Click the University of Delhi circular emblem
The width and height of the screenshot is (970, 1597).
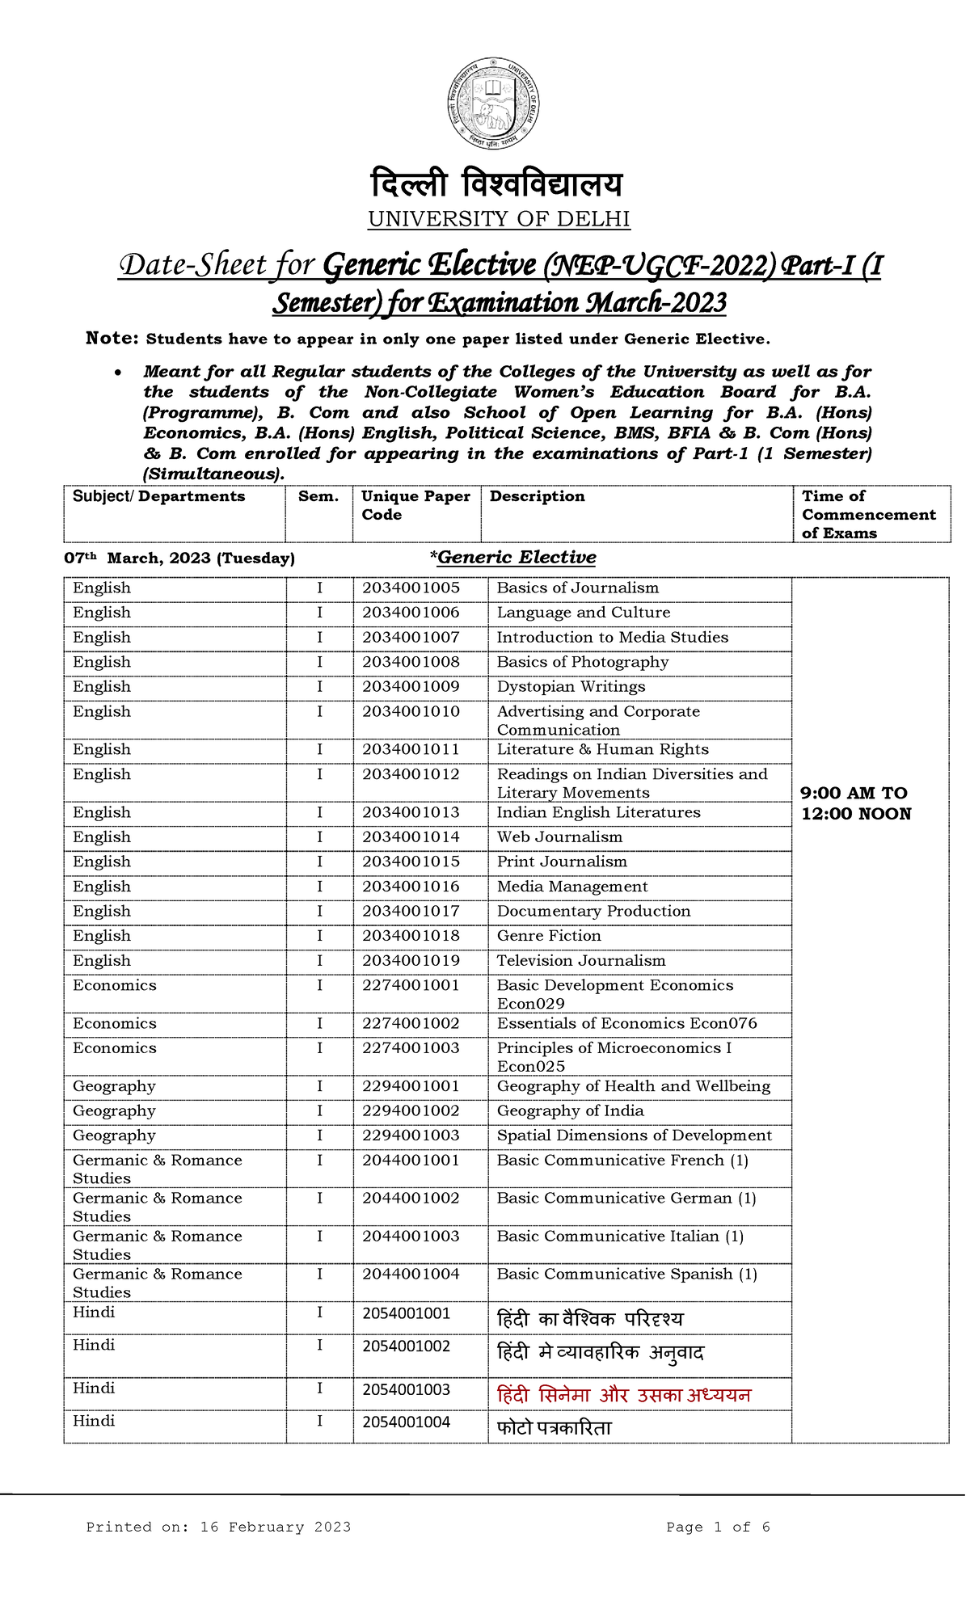click(493, 103)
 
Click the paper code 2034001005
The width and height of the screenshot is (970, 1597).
click(411, 588)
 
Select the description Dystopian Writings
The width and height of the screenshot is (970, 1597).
click(571, 687)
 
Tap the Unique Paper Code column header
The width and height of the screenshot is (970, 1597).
click(415, 505)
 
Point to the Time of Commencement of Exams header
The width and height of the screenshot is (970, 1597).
click(868, 515)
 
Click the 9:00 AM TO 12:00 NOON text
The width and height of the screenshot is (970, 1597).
click(855, 803)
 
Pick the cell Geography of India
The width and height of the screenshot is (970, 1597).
click(570, 1111)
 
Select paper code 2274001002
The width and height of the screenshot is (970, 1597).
click(411, 1024)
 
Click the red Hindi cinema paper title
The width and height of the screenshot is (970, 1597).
click(623, 1395)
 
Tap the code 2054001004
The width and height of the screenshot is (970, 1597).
click(406, 1422)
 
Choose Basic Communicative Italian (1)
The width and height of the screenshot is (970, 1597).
click(619, 1237)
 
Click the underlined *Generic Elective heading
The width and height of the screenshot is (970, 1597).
click(513, 558)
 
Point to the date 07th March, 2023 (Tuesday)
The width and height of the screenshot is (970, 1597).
click(179, 558)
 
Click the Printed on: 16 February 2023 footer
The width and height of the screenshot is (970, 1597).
click(218, 1527)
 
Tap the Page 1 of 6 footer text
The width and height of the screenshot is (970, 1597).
click(717, 1527)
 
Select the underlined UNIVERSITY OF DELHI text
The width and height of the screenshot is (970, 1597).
click(499, 219)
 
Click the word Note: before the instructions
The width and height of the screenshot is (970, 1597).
click(112, 339)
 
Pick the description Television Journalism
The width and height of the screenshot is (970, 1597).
click(580, 961)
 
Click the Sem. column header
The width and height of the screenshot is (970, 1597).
click(318, 496)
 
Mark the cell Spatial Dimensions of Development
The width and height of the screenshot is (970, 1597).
click(634, 1136)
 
